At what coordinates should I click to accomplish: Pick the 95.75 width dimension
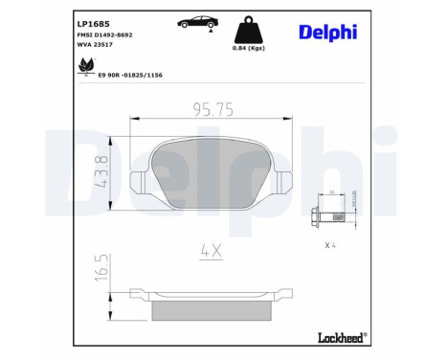[212, 111]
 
